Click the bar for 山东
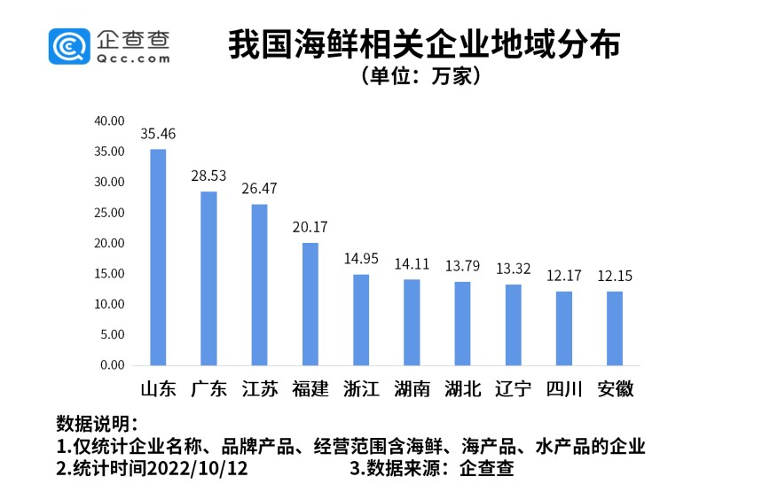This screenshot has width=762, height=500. (x=158, y=257)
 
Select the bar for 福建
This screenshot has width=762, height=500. (x=310, y=303)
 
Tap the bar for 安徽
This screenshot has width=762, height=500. (x=615, y=328)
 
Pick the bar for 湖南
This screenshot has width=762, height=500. (x=412, y=322)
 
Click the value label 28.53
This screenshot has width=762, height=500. (x=208, y=176)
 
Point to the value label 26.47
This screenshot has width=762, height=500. (x=260, y=189)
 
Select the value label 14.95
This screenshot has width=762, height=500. (x=361, y=259)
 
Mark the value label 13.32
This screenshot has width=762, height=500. (x=514, y=269)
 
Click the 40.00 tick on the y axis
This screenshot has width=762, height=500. (x=110, y=121)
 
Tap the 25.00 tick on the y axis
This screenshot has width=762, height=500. (x=110, y=213)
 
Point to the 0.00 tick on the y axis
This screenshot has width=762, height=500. (x=113, y=365)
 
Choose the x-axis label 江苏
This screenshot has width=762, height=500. (x=260, y=389)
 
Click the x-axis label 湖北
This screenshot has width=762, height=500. (x=463, y=389)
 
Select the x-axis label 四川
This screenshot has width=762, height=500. (x=564, y=389)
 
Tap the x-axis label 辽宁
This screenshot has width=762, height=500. (x=514, y=389)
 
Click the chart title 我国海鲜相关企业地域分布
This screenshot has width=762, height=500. (x=424, y=44)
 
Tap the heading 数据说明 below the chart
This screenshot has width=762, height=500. (x=96, y=421)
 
